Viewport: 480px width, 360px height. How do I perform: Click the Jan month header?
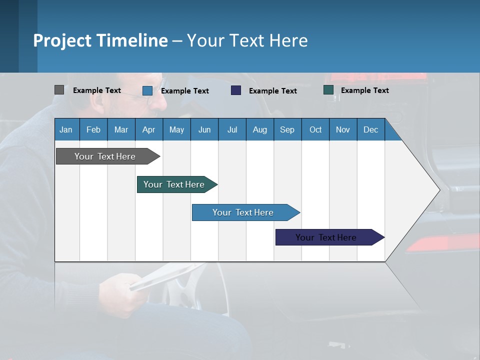(66, 129)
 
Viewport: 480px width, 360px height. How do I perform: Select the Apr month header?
(148, 129)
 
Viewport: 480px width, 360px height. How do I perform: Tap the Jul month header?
(232, 129)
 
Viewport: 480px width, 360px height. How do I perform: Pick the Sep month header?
(287, 129)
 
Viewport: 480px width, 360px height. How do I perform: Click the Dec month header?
(370, 129)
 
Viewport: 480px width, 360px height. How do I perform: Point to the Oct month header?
(315, 129)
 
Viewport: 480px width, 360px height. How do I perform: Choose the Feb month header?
(93, 129)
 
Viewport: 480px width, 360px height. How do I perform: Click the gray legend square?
(59, 90)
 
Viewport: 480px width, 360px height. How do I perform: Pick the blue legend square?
(147, 90)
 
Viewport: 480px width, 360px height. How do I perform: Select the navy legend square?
(236, 90)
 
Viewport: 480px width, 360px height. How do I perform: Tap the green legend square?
(328, 90)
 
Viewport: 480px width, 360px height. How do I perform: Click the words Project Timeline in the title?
(100, 40)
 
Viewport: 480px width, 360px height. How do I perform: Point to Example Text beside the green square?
(364, 90)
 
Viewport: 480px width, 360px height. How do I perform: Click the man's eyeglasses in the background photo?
(145, 96)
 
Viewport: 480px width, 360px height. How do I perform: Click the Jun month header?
(204, 129)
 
